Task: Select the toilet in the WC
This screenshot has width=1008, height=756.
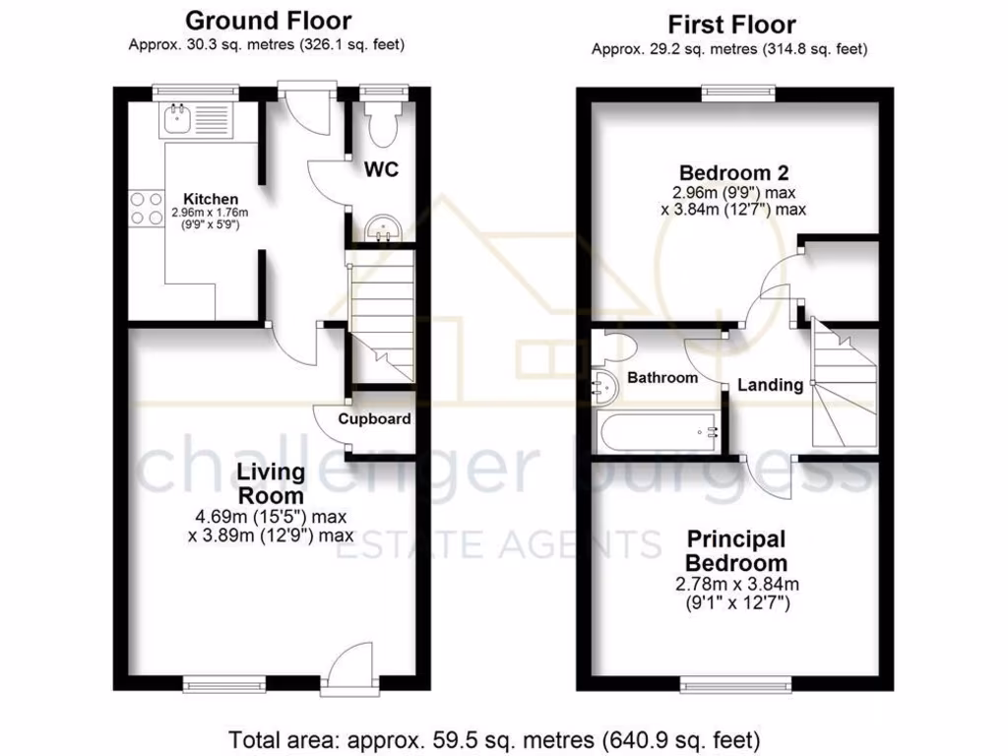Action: [380, 124]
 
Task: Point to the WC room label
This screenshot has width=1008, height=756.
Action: [382, 170]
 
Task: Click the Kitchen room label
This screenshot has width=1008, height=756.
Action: [205, 199]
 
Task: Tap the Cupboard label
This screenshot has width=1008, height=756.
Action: [374, 418]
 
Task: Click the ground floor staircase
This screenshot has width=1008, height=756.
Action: [382, 315]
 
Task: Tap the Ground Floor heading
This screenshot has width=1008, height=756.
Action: [268, 20]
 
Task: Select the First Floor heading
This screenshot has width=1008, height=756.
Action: [730, 25]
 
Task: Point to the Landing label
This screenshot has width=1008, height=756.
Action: [770, 385]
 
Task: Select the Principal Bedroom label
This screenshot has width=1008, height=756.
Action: [735, 551]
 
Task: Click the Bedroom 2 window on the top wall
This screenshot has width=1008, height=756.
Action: [738, 93]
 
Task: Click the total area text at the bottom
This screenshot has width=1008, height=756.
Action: [494, 737]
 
